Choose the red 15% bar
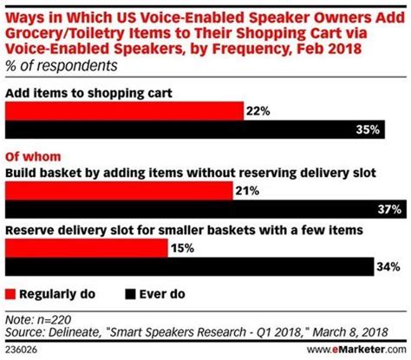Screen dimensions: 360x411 tap(87, 248)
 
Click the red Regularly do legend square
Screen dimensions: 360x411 tap(10, 292)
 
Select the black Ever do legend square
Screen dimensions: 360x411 tap(131, 292)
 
